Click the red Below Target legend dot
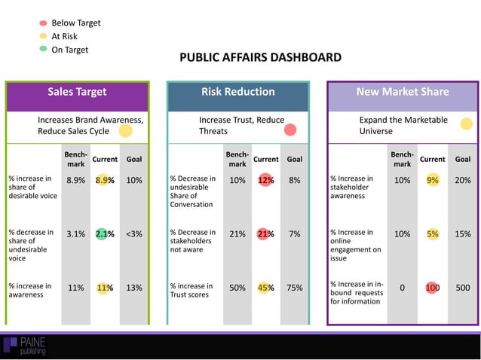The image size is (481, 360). click(x=43, y=23)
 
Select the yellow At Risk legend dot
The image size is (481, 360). click(x=43, y=36)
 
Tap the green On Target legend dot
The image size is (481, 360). click(x=43, y=50)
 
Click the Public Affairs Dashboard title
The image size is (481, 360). click(x=260, y=57)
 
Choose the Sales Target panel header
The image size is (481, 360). click(x=77, y=92)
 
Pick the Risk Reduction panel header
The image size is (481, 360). click(x=237, y=92)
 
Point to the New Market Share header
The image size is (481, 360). click(x=402, y=92)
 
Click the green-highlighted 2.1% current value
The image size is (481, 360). click(x=104, y=234)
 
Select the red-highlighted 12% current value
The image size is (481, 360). click(x=265, y=181)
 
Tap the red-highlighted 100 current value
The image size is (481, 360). click(x=432, y=288)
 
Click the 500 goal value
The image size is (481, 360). click(x=462, y=288)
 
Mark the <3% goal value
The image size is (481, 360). click(x=133, y=234)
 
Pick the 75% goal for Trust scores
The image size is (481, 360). click(x=295, y=288)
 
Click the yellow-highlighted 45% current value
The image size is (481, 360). click(x=265, y=288)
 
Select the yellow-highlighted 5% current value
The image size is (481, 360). click(x=432, y=234)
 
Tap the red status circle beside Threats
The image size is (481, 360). click(x=290, y=130)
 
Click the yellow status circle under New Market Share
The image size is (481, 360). click(x=466, y=124)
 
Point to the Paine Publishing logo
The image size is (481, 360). click(x=24, y=346)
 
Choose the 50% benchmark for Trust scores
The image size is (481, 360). click(x=237, y=288)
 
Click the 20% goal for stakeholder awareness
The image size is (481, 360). click(x=462, y=181)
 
